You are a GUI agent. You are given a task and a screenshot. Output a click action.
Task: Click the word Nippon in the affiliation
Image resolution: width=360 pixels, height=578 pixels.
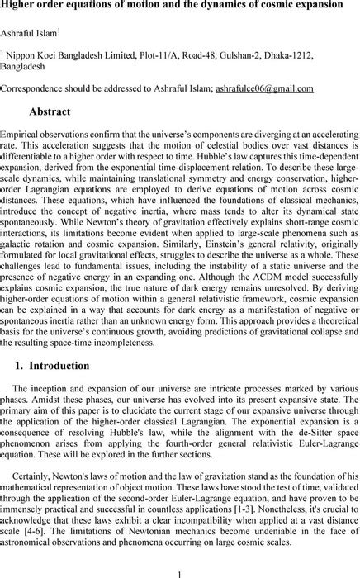pyautogui.click(x=23, y=54)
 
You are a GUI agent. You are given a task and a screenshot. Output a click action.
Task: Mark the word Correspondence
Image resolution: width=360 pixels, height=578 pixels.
pyautogui.click(x=32, y=88)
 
